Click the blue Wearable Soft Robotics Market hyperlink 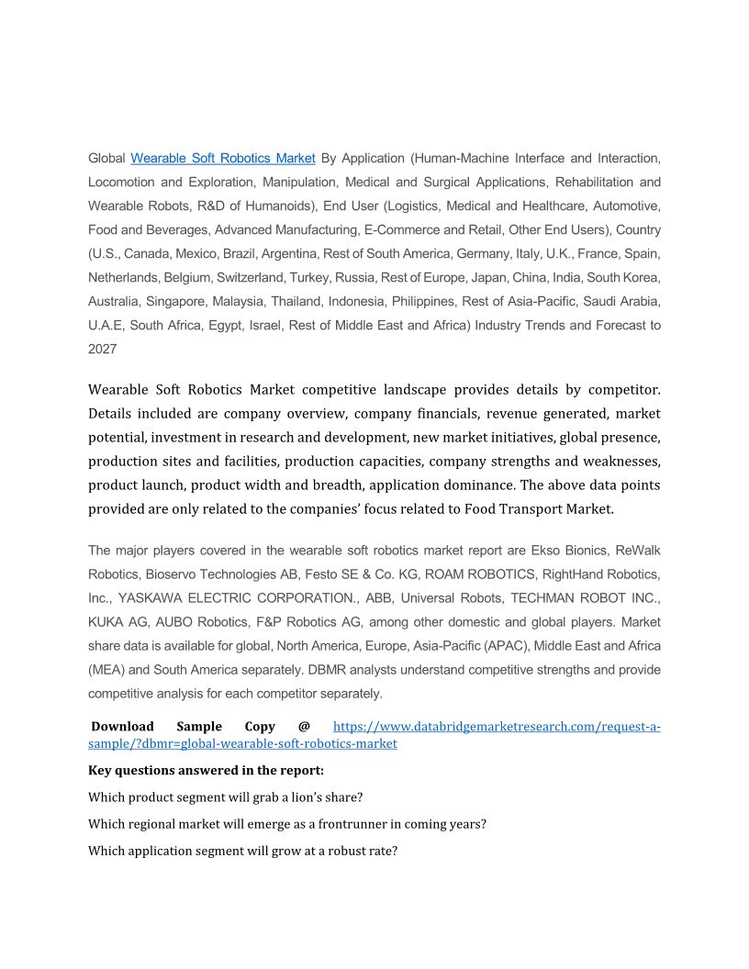point(223,158)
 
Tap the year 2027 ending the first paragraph point(102,349)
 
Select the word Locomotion point(123,182)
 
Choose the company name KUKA point(106,621)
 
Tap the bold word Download point(122,727)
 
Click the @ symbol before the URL point(304,727)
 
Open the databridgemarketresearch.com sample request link point(496,727)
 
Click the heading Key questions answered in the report point(206,770)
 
